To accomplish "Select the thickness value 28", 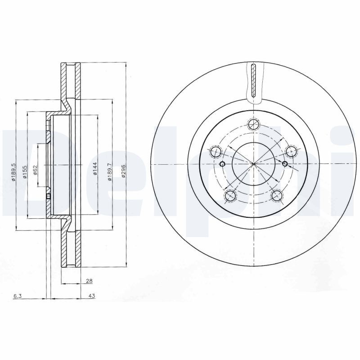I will (89, 281).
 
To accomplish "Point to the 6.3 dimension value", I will (17, 296).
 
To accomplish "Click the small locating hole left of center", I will (222, 163).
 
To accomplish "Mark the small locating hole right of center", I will (285, 163).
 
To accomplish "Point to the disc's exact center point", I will (254, 163).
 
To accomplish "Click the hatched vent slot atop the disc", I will (253, 81).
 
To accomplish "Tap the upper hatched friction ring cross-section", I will (70, 81).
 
